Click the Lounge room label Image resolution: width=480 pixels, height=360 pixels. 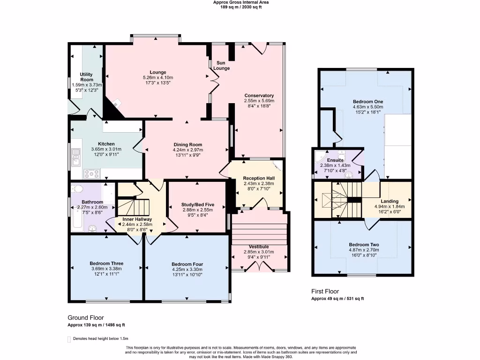pyautogui.click(x=158, y=73)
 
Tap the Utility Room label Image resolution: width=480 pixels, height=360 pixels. pyautogui.click(x=86, y=77)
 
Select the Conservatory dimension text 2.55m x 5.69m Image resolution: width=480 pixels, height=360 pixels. pyautogui.click(x=259, y=101)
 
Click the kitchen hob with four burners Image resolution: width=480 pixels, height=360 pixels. pyautogui.click(x=91, y=174)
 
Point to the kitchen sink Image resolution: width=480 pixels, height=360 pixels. pyautogui.click(x=75, y=157)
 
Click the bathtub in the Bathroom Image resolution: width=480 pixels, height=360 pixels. pyautogui.click(x=77, y=217)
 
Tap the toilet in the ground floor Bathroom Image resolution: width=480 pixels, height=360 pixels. pyautogui.click(x=78, y=188)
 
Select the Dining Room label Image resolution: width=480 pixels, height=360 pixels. pyautogui.click(x=188, y=145)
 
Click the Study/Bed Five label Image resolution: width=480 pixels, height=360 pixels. pyautogui.click(x=198, y=205)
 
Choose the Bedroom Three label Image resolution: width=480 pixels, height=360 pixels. pyautogui.click(x=106, y=263)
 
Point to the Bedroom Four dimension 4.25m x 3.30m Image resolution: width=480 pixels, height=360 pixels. pyautogui.click(x=187, y=270)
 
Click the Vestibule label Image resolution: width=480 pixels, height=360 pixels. pyautogui.click(x=259, y=247)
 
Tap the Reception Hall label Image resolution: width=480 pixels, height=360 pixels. pyautogui.click(x=259, y=179)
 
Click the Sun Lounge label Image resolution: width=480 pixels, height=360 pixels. pyautogui.click(x=221, y=66)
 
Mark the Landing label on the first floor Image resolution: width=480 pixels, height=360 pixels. pyautogui.click(x=390, y=202)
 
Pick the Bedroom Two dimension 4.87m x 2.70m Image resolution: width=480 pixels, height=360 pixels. pyautogui.click(x=364, y=250)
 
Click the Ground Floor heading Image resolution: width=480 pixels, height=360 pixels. pyautogui.click(x=86, y=318)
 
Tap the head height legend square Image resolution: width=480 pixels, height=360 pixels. pyautogui.click(x=69, y=339)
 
